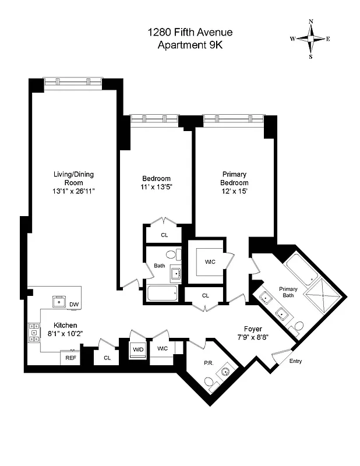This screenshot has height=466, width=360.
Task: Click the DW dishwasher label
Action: tap(74, 305)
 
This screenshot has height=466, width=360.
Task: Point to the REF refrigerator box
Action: tap(70, 358)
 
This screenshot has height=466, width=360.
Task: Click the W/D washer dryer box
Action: tap(138, 349)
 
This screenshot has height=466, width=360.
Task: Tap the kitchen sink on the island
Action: tap(58, 301)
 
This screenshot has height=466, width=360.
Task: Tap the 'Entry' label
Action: tap(296, 361)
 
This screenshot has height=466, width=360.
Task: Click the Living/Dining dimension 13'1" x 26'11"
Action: tap(73, 190)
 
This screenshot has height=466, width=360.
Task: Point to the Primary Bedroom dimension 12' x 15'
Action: tap(234, 190)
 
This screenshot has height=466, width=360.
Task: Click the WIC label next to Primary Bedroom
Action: tap(210, 262)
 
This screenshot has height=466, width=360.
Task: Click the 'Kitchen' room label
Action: tap(66, 326)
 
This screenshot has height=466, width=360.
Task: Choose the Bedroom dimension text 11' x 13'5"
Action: tap(156, 187)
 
